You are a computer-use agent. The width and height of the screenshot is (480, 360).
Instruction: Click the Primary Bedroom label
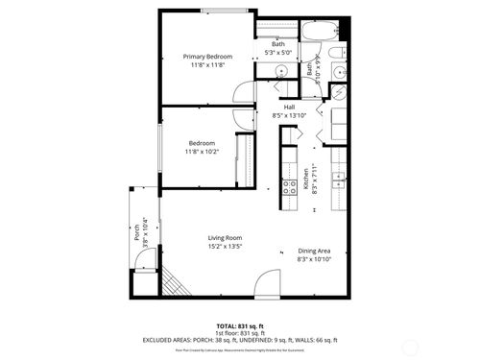coord(207,57)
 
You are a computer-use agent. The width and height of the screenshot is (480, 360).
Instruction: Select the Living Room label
coord(225,237)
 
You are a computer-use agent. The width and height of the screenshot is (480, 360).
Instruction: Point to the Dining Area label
coord(314,251)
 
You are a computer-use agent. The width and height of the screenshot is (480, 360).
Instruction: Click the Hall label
coord(288,107)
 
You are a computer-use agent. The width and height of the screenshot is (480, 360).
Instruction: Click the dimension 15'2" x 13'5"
coord(225,246)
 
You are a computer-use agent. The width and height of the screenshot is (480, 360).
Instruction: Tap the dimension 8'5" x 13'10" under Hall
coord(288,115)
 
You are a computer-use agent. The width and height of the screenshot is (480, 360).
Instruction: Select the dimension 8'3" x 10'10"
coord(314,259)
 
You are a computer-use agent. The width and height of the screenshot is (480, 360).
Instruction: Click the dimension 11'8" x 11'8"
coord(207,65)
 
